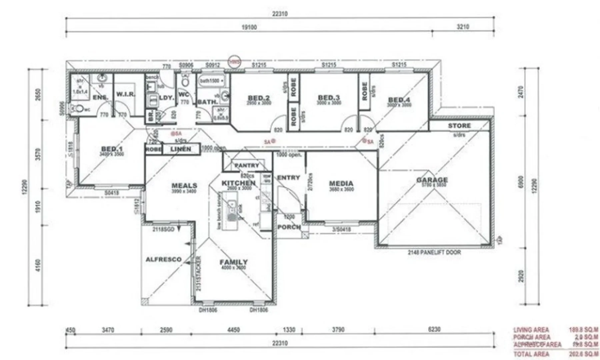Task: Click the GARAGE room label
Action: click(x=432, y=180)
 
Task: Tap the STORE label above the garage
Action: click(x=459, y=126)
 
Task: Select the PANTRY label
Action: click(x=246, y=165)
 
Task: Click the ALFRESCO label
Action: click(x=164, y=259)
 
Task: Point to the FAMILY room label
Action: click(x=233, y=262)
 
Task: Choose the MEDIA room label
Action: click(x=341, y=183)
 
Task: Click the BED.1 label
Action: click(x=112, y=149)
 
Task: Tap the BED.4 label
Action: click(x=399, y=100)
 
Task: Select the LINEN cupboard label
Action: click(x=181, y=149)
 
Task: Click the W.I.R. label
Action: click(x=126, y=94)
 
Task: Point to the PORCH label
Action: click(x=289, y=227)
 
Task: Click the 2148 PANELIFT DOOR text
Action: click(x=434, y=252)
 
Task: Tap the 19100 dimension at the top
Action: click(x=249, y=27)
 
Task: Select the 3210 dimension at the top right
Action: click(x=463, y=27)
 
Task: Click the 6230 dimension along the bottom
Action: click(x=434, y=329)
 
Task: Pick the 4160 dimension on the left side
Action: click(x=38, y=265)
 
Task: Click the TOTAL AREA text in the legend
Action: click(x=531, y=354)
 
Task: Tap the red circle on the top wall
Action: click(x=234, y=62)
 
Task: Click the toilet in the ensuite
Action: click(x=78, y=108)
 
